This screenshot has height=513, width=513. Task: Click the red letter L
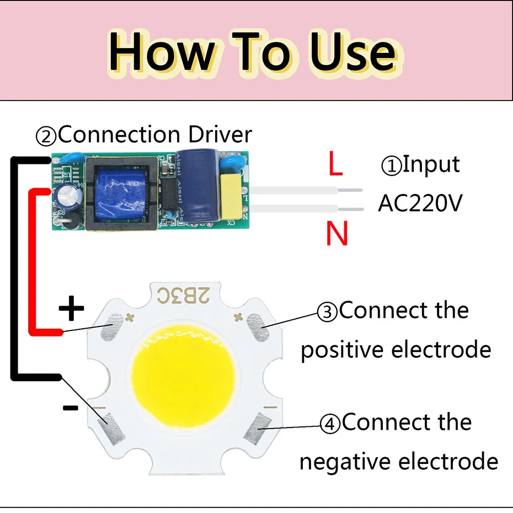coord(335,164)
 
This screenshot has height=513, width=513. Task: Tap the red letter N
coord(336,234)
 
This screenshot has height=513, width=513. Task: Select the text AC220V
coord(420,204)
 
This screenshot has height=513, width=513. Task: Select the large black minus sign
coord(70,408)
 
